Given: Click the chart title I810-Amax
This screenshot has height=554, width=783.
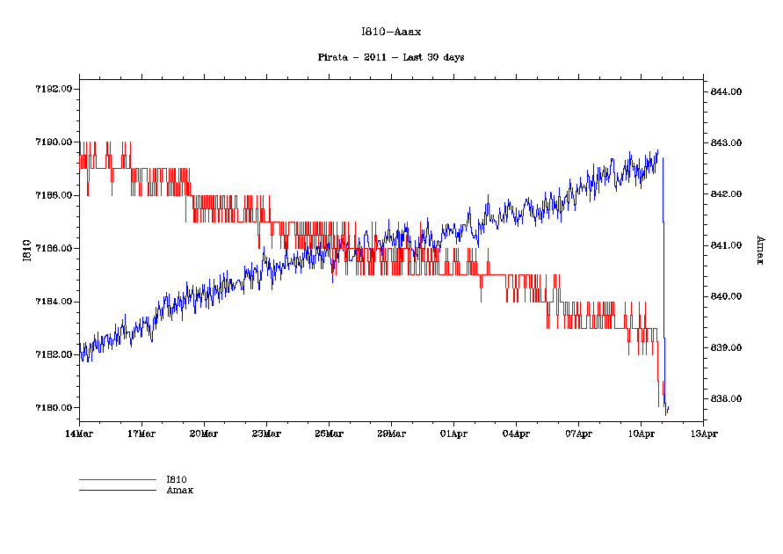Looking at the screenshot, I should [x=391, y=32].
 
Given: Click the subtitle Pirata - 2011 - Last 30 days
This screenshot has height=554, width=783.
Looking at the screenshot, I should [x=391, y=57].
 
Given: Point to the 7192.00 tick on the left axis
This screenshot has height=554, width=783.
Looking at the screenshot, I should [x=54, y=89].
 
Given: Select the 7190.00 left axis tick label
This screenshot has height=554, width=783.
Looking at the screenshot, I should [x=54, y=142].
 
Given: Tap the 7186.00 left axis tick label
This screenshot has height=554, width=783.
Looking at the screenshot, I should [x=54, y=249].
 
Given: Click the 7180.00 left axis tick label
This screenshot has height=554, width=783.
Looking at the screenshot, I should [x=54, y=408].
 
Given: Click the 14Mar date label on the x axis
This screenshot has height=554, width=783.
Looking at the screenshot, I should [x=79, y=434].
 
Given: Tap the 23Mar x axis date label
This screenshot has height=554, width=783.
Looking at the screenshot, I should [x=266, y=434].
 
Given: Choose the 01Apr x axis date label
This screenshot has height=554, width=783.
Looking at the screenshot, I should [x=453, y=434].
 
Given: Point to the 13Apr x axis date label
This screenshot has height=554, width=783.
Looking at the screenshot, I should [x=703, y=434].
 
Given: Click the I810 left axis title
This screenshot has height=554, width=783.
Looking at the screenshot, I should [x=27, y=251].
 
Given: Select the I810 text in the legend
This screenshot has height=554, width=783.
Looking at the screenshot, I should [x=177, y=479].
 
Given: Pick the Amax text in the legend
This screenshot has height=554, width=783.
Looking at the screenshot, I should [x=180, y=490].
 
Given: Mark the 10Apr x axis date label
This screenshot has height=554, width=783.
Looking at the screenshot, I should [x=641, y=434].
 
